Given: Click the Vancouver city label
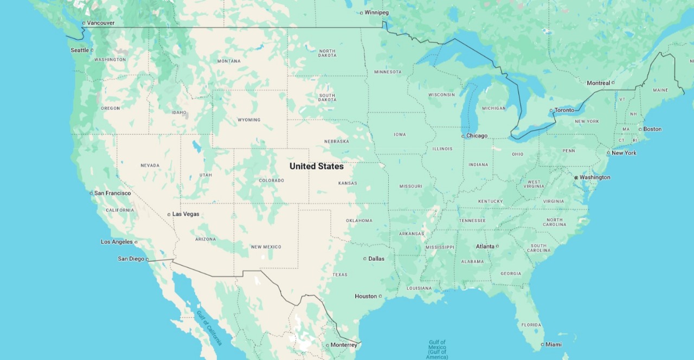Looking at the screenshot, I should point(100,23).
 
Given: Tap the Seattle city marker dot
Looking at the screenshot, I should point(92,50).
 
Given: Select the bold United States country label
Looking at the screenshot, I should point(316,166).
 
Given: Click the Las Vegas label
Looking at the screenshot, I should point(185,214).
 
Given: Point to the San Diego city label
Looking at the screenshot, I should point(131,259).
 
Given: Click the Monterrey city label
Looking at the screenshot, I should point(344,345).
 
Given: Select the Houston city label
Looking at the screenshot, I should point(365,296).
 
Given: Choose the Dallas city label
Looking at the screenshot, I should point(376,259).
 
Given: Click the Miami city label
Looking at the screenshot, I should point(554,344).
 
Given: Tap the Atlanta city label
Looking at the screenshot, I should point(485,246).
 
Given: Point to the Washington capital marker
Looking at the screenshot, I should point(576,177).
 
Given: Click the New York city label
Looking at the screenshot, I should point(624,153).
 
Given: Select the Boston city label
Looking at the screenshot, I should point(653,129).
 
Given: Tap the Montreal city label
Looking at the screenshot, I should point(598,83).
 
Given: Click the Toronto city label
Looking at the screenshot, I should point(564,110).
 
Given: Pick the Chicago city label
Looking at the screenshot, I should point(477,136).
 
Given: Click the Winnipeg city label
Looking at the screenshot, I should point(376,12).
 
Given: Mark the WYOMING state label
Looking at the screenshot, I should point(249,120).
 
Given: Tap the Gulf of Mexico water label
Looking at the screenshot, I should point(437,349).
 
